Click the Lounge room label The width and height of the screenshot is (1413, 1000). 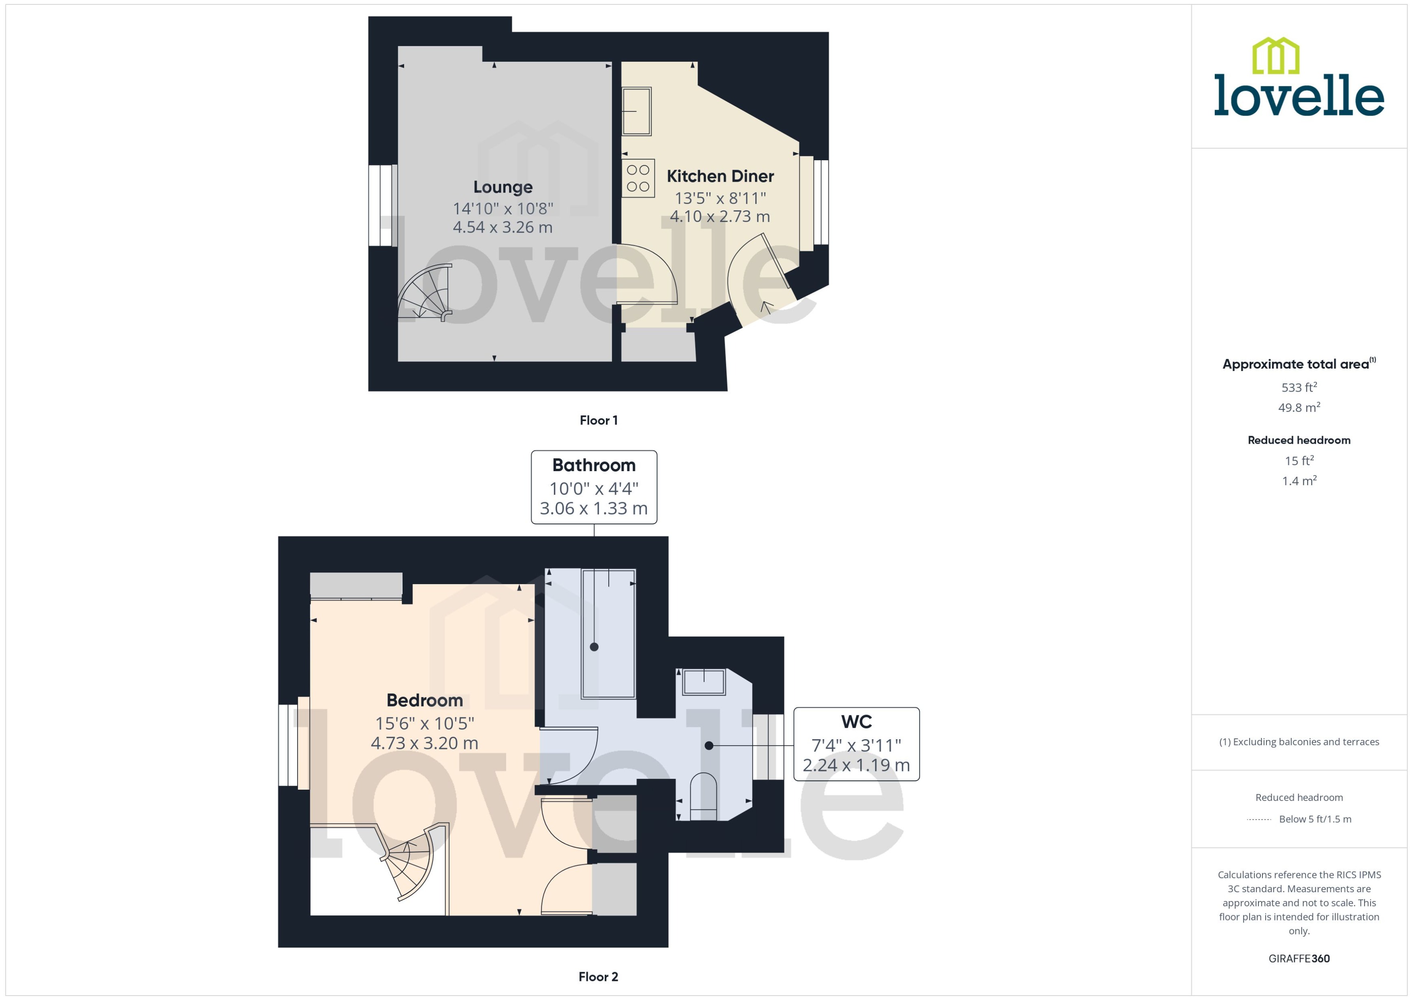[x=502, y=187]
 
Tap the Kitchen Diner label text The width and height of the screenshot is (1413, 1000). [x=720, y=177]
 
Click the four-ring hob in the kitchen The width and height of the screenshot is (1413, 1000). [x=638, y=178]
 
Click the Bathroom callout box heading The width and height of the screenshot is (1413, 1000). [x=593, y=465]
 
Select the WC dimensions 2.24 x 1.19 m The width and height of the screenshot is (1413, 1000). [x=856, y=765]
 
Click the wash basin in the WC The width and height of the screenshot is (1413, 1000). [x=704, y=682]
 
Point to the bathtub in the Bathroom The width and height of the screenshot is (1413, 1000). [x=608, y=634]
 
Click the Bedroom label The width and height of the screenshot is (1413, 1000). [x=424, y=701]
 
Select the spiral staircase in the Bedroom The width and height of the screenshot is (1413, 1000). [x=409, y=862]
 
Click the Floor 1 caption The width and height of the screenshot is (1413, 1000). [x=598, y=421]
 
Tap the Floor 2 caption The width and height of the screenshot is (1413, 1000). [x=598, y=977]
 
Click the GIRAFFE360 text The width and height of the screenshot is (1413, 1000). [x=1298, y=959]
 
